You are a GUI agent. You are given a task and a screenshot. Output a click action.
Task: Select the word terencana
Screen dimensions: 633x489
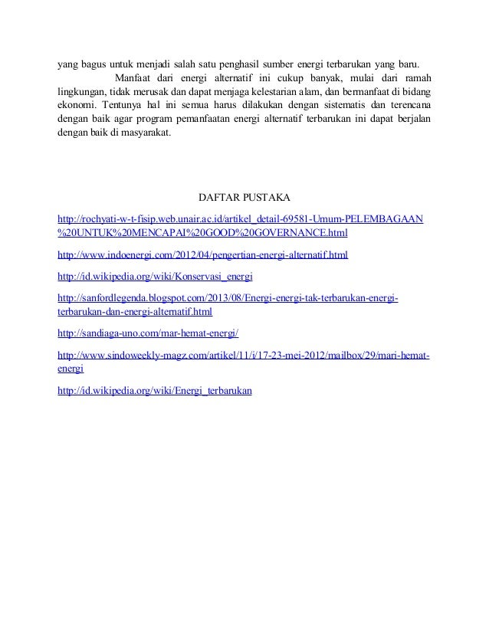point(405,105)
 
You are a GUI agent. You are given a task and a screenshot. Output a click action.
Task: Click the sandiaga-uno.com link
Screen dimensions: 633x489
point(149,333)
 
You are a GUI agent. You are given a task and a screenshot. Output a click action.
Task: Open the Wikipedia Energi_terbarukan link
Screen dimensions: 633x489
point(156,390)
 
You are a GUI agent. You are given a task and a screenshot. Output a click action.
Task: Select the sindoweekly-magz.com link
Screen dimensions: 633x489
point(244,355)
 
